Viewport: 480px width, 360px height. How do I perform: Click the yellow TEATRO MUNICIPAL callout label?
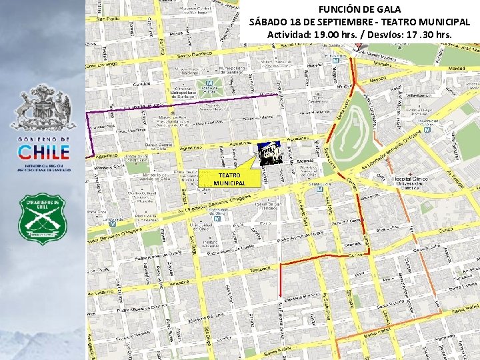pyautogui.click(x=229, y=179)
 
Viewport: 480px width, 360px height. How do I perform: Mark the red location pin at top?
pyautogui.click(x=359, y=45)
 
